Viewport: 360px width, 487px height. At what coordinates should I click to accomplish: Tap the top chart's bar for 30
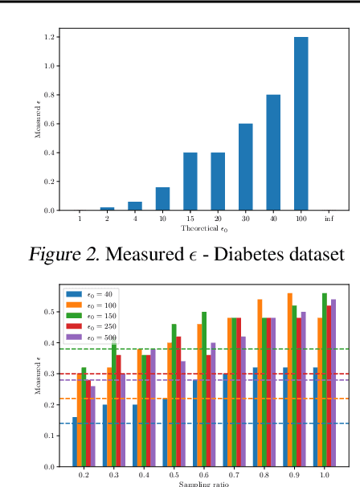coord(245,167)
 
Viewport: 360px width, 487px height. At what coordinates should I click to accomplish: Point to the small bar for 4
coord(134,207)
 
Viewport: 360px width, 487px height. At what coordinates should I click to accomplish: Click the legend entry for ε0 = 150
coord(99,316)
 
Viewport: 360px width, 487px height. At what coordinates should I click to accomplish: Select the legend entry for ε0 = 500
coord(99,337)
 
